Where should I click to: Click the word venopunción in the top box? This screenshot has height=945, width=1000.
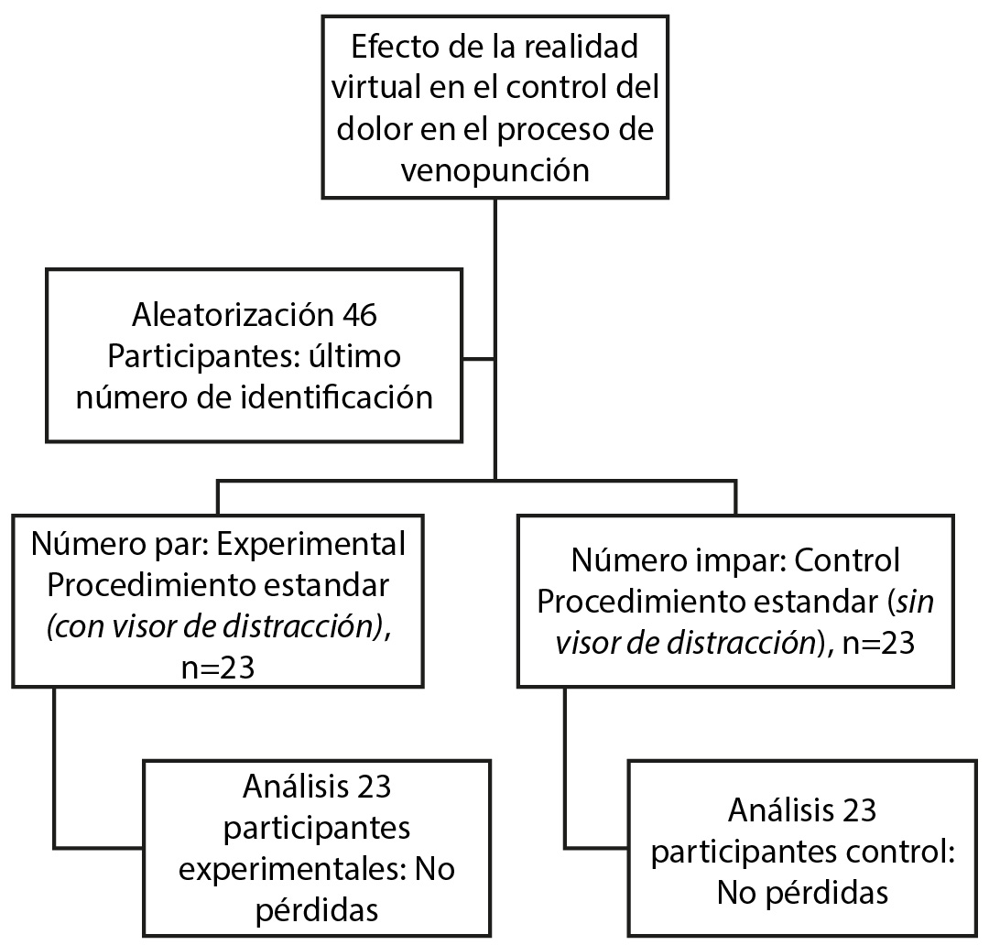pyautogui.click(x=495, y=171)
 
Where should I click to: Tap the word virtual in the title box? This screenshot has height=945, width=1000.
pyautogui.click(x=375, y=87)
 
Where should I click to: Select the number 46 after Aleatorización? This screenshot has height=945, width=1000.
pyautogui.click(x=360, y=315)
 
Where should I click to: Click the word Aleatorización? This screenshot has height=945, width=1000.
pyautogui.click(x=233, y=315)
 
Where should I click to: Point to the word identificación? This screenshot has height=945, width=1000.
pyautogui.click(x=337, y=397)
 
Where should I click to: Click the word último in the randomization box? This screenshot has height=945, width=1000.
pyautogui.click(x=355, y=356)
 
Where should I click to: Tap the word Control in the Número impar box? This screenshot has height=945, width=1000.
pyautogui.click(x=848, y=560)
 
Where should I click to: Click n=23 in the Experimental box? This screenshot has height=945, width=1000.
pyautogui.click(x=218, y=668)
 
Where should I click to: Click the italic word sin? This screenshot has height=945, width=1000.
pyautogui.click(x=915, y=602)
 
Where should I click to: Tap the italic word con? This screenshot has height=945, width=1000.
pyautogui.click(x=75, y=627)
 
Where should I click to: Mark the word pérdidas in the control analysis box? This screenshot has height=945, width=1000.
pyautogui.click(x=827, y=893)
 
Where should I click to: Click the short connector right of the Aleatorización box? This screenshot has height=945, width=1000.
pyautogui.click(x=478, y=359)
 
